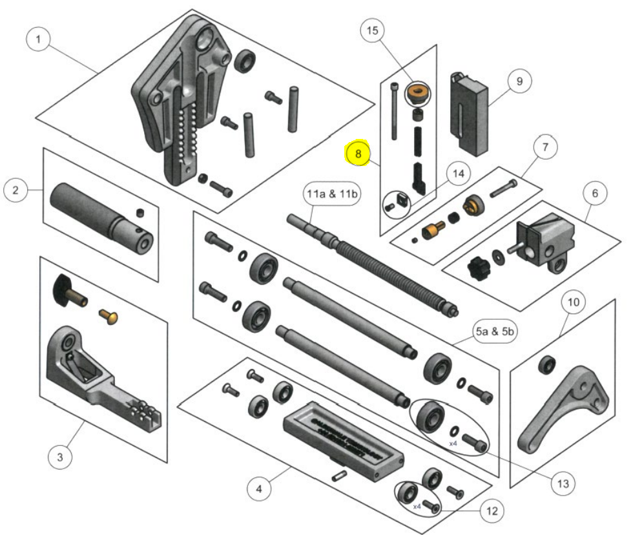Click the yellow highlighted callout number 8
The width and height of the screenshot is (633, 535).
click(358, 154)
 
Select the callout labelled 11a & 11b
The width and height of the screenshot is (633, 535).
click(332, 194)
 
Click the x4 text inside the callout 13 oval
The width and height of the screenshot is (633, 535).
click(453, 444)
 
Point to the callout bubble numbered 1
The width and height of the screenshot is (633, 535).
click(39, 40)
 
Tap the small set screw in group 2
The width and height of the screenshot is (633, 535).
click(138, 213)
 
